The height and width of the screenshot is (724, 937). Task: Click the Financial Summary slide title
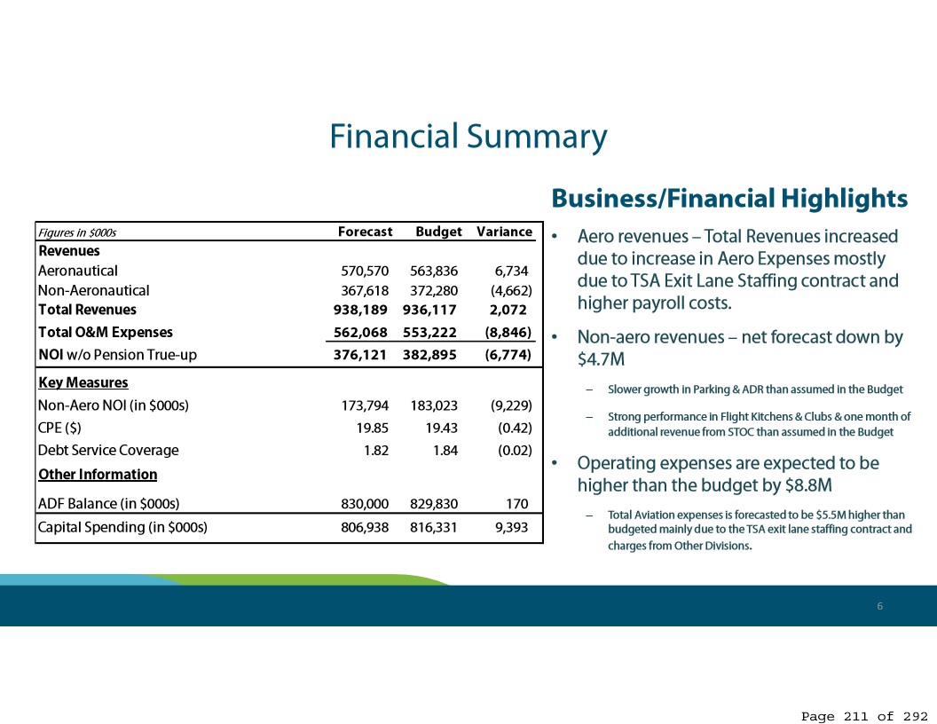point(468,137)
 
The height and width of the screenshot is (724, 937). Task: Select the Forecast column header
point(365,232)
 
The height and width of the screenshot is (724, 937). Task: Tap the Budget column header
point(438,232)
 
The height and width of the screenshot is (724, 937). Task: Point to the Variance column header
point(504,232)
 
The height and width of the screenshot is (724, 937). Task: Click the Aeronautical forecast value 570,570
point(365,271)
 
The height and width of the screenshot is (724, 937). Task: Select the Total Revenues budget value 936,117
point(429,310)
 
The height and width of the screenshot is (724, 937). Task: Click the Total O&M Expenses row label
point(106,332)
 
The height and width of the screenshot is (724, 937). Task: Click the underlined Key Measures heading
point(83,382)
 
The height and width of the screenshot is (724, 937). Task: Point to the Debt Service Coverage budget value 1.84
point(445,451)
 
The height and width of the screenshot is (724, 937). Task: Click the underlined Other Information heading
point(98,475)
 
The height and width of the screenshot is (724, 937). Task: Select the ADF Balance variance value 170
point(517,504)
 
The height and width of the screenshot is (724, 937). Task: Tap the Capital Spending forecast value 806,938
point(365,527)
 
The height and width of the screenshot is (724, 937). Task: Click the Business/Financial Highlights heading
point(729,199)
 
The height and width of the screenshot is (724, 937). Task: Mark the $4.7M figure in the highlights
point(601,359)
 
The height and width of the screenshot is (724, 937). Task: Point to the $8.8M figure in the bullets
point(808,485)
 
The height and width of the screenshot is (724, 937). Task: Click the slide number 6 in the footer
point(879,606)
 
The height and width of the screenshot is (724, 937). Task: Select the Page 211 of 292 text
point(864,716)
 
